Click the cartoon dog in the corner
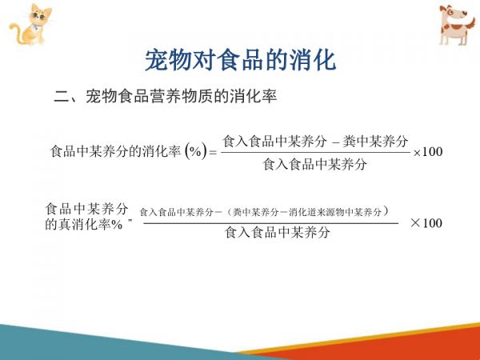tap(457, 25)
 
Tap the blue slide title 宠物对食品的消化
tap(240, 60)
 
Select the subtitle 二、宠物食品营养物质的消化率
tap(166, 96)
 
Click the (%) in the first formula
tap(196, 151)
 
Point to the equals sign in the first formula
tap(213, 152)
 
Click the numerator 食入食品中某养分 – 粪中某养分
tap(315, 142)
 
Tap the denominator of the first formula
tap(314, 164)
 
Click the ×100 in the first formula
tap(428, 152)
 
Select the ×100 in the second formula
tap(426, 223)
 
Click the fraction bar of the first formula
tap(316, 153)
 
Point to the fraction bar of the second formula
tap(271, 223)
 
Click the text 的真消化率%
tap(84, 225)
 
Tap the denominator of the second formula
tap(278, 232)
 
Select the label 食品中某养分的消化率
tap(116, 151)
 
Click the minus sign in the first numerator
tap(336, 143)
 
